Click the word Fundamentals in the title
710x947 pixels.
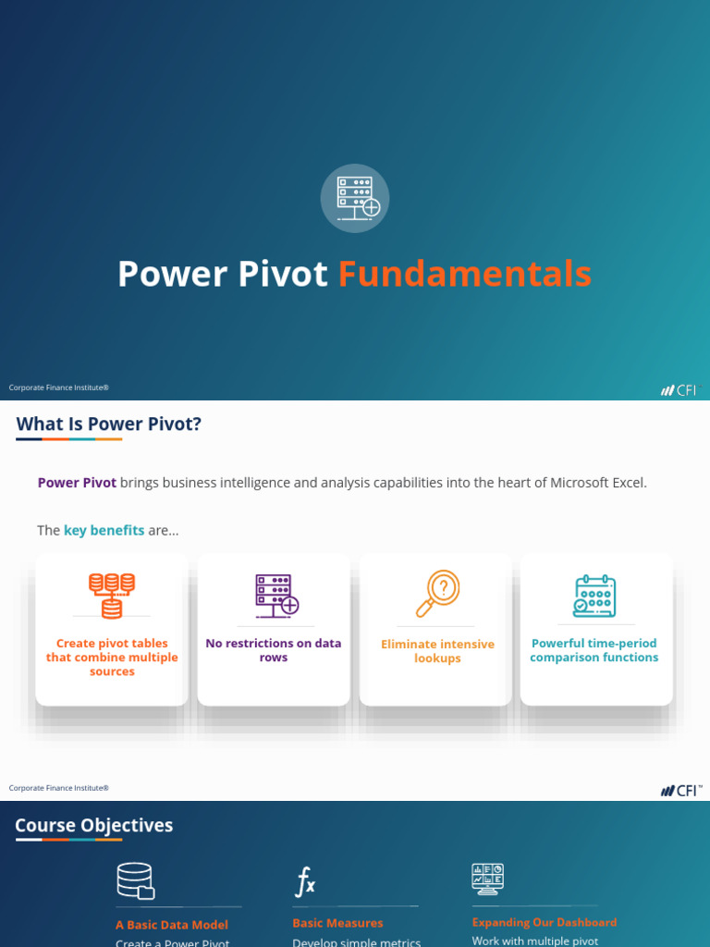point(464,274)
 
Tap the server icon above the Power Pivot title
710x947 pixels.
point(355,199)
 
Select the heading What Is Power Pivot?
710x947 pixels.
point(108,424)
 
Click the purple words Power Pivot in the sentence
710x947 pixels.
point(77,482)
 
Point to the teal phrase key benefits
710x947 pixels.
point(104,530)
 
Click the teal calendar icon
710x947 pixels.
point(594,596)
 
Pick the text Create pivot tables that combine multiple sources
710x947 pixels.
point(112,658)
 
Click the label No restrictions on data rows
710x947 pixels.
point(274,650)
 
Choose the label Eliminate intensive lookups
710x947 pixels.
point(437,651)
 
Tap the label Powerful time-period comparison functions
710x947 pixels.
point(594,650)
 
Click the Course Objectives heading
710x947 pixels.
point(94,825)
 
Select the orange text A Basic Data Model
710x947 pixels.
point(172,925)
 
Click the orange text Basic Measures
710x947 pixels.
point(337,923)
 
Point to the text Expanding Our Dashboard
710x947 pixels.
point(544,922)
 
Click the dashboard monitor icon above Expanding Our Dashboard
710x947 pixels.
point(487,879)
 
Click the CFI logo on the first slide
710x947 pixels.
point(681,389)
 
